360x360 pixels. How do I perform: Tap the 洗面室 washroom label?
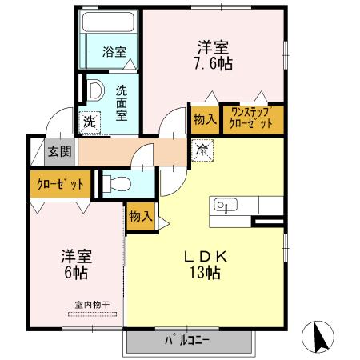coord(122,103)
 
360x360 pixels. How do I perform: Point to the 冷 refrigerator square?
coord(201,148)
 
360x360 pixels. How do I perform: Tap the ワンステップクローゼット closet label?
coord(252,117)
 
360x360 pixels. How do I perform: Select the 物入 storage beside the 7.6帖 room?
coord(204,118)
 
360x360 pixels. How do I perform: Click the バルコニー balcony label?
coord(188,340)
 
